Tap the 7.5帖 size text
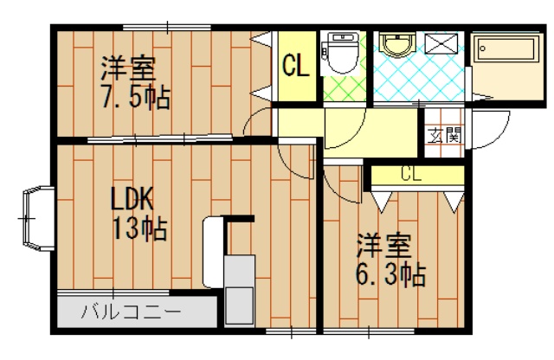tap(136, 96)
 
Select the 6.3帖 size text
tap(390, 273)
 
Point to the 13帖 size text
tap(139, 229)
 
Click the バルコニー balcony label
tap(131, 312)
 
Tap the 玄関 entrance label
tap(444, 135)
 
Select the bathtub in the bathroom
tap(506, 48)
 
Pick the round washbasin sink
tap(397, 44)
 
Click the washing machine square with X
tap(441, 44)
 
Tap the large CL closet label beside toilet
tap(296, 66)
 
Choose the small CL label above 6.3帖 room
tap(411, 174)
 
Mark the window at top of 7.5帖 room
tap(167, 27)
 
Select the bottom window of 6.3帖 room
tap(369, 331)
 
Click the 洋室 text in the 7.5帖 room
tap(128, 68)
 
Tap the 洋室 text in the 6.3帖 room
tap(384, 245)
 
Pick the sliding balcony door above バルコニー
tap(113, 292)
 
